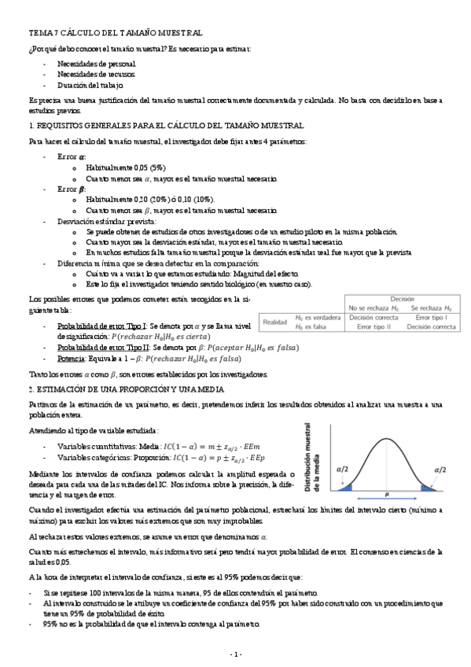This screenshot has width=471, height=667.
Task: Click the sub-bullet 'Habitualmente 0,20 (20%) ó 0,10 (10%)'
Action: click(x=150, y=200)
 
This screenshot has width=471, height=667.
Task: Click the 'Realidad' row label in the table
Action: click(x=275, y=322)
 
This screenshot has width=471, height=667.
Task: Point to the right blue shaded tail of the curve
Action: click(x=429, y=488)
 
